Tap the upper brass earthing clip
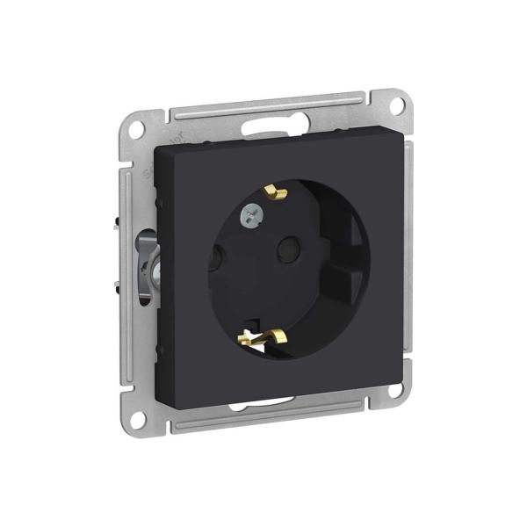[277, 191]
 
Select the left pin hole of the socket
[215, 260]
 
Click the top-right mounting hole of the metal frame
[397, 105]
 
